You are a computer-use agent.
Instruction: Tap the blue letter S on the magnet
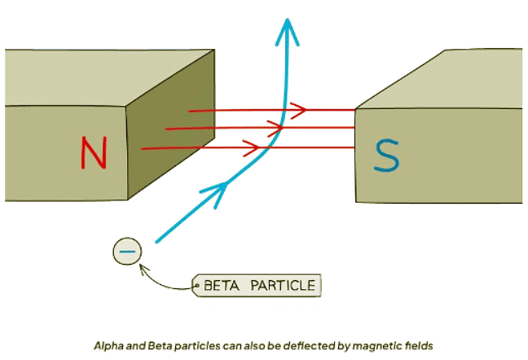point(386,156)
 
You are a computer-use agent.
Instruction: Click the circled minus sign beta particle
point(127,252)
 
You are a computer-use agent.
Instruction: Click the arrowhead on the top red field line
point(299,109)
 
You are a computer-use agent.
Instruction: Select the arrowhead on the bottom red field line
point(253,147)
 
